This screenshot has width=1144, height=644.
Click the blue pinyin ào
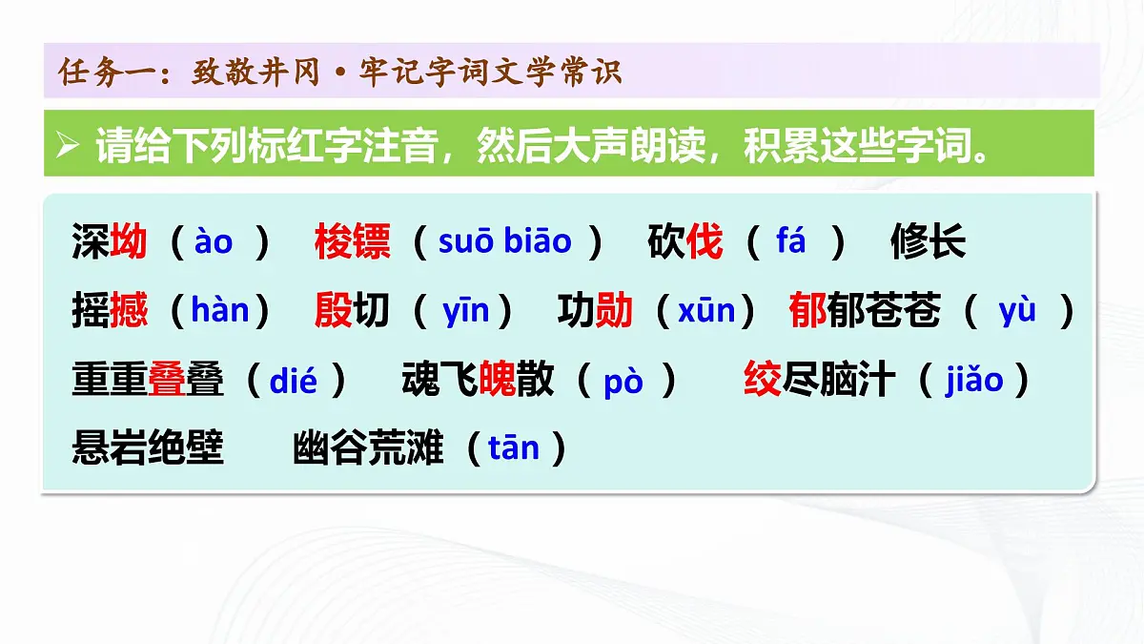(213, 242)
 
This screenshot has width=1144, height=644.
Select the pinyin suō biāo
(504, 242)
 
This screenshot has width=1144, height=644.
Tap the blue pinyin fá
(791, 242)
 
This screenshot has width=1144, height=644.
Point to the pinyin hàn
(220, 311)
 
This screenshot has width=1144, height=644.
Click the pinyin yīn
(466, 311)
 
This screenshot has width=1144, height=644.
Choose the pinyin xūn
(706, 311)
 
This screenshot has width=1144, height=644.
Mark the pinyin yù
(1017, 311)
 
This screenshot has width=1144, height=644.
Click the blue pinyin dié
(294, 381)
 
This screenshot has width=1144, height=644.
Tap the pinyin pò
(623, 381)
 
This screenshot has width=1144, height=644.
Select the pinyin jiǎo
(974, 381)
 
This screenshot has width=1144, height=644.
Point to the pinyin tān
(514, 448)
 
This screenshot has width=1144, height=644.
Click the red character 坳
(129, 242)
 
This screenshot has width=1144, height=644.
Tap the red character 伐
(705, 242)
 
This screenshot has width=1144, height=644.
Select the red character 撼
(129, 311)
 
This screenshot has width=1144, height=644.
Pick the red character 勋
(614, 311)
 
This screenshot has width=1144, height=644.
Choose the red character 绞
(763, 381)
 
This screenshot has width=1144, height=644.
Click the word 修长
(928, 242)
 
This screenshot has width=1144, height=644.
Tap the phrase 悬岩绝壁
(148, 448)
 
